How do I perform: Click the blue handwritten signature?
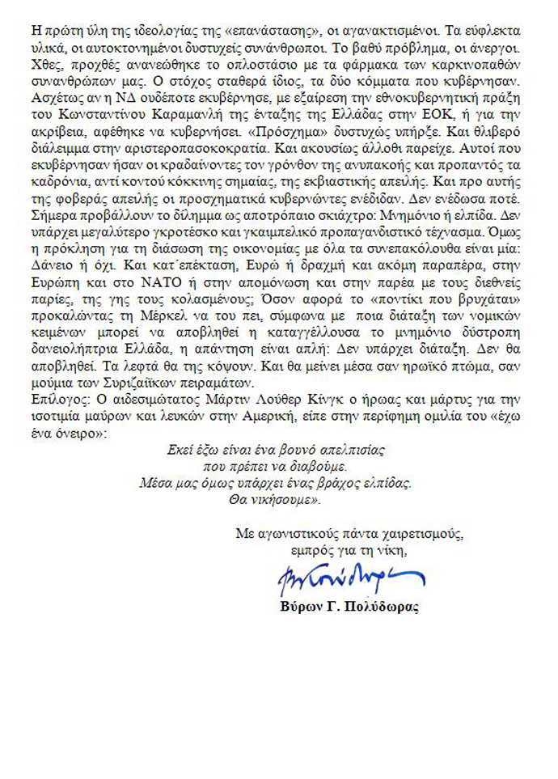pos(340,578)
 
